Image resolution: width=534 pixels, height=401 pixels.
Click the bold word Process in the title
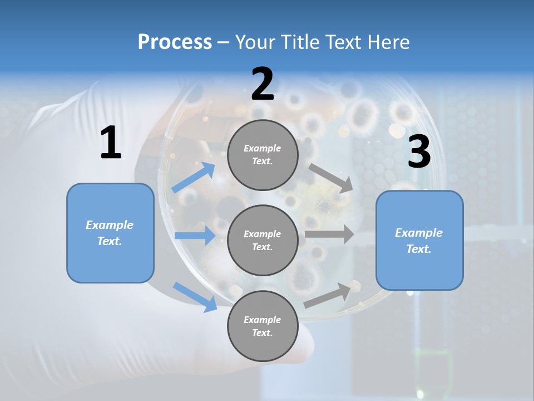(x=175, y=42)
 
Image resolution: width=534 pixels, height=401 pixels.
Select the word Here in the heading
(x=387, y=42)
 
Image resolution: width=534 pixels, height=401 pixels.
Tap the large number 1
(x=111, y=143)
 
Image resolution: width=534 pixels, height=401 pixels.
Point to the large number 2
(x=263, y=84)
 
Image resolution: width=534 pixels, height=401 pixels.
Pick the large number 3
(x=419, y=152)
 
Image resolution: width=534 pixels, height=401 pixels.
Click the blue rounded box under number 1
(x=110, y=233)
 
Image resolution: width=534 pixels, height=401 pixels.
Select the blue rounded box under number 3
(x=419, y=241)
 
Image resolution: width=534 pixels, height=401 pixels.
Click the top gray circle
(x=263, y=155)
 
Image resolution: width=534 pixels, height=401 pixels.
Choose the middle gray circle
(x=263, y=240)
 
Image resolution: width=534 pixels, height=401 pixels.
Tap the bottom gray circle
(x=263, y=326)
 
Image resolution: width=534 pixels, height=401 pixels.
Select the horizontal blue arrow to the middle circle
(x=195, y=236)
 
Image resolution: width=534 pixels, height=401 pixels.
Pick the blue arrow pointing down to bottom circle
(x=195, y=296)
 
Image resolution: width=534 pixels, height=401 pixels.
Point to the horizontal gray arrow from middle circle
(x=329, y=234)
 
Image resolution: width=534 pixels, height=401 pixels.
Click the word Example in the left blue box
(x=110, y=225)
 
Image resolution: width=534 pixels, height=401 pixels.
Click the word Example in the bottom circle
(x=262, y=320)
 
